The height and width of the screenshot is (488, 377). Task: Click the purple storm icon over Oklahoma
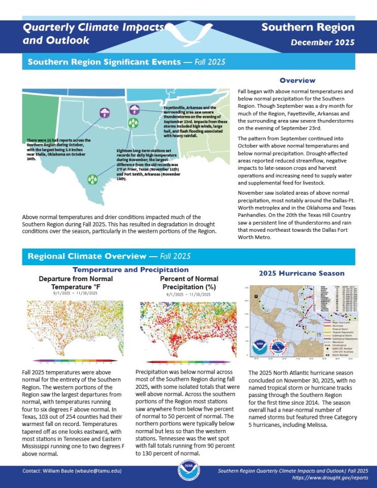pyautogui.click(x=104, y=112)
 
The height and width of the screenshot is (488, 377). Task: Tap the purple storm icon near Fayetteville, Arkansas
pyautogui.click(x=135, y=109)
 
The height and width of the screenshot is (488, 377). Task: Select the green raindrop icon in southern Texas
pyautogui.click(x=92, y=179)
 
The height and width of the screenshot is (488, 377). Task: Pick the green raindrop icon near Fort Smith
pyautogui.click(x=133, y=123)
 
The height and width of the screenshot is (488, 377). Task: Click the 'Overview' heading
pyautogui.click(x=297, y=80)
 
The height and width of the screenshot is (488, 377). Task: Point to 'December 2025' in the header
pyautogui.click(x=323, y=43)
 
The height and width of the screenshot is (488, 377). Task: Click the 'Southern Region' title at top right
pyautogui.click(x=308, y=27)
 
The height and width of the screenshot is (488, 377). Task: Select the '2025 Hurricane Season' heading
pyautogui.click(x=301, y=273)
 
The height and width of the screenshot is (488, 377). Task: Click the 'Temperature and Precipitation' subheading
pyautogui.click(x=131, y=269)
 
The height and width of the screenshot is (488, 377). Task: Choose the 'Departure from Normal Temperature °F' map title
pyautogui.click(x=76, y=283)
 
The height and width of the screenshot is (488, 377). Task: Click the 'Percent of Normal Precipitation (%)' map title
pyautogui.click(x=189, y=283)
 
